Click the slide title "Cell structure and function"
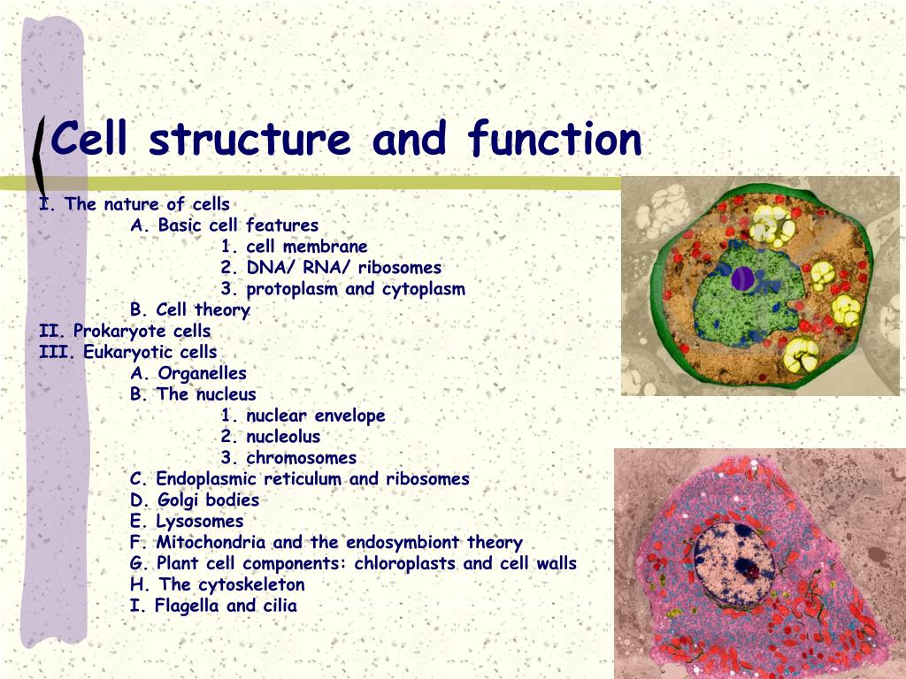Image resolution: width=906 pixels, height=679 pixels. [346, 140]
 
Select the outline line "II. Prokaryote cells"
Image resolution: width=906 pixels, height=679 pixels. [125, 332]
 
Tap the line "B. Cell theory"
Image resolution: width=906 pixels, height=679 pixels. [189, 310]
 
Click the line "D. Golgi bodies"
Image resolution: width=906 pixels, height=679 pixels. [195, 500]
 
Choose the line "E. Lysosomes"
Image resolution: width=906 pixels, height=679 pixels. [187, 522]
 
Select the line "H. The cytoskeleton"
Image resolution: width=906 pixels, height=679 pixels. [218, 585]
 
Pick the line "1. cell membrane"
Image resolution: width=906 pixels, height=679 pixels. [295, 247]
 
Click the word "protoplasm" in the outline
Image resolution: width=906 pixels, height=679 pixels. [293, 289]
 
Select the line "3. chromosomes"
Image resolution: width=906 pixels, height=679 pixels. [289, 458]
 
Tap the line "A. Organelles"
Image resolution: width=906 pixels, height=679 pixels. [188, 373]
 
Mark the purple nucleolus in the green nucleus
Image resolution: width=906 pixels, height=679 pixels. [743, 279]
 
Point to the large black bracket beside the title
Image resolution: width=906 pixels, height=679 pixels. [39, 156]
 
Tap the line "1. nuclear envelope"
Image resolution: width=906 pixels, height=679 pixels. [303, 416]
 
